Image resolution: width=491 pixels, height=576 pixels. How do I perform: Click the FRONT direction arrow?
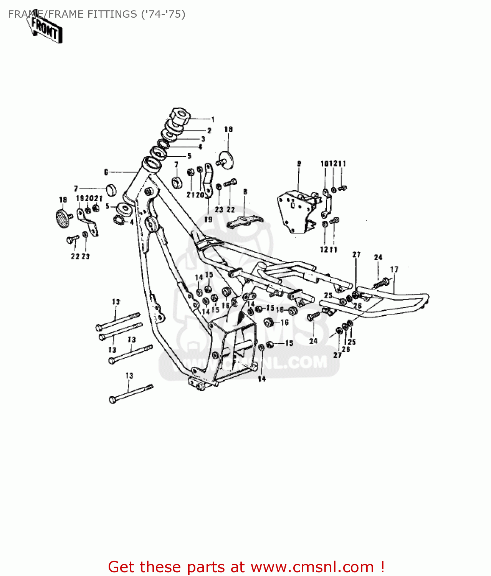45,28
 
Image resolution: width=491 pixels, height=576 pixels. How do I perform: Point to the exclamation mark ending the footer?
382,567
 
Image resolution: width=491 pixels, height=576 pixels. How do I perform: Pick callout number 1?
213,119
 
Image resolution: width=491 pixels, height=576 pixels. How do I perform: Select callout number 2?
209,131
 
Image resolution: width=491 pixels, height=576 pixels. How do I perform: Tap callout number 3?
203,139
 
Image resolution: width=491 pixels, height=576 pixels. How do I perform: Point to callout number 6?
106,172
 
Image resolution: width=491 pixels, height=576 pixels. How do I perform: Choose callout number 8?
245,192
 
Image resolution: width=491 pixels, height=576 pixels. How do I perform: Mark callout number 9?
299,164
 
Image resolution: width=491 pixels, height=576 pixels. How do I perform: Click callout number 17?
394,269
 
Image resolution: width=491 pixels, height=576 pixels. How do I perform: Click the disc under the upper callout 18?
227,158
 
